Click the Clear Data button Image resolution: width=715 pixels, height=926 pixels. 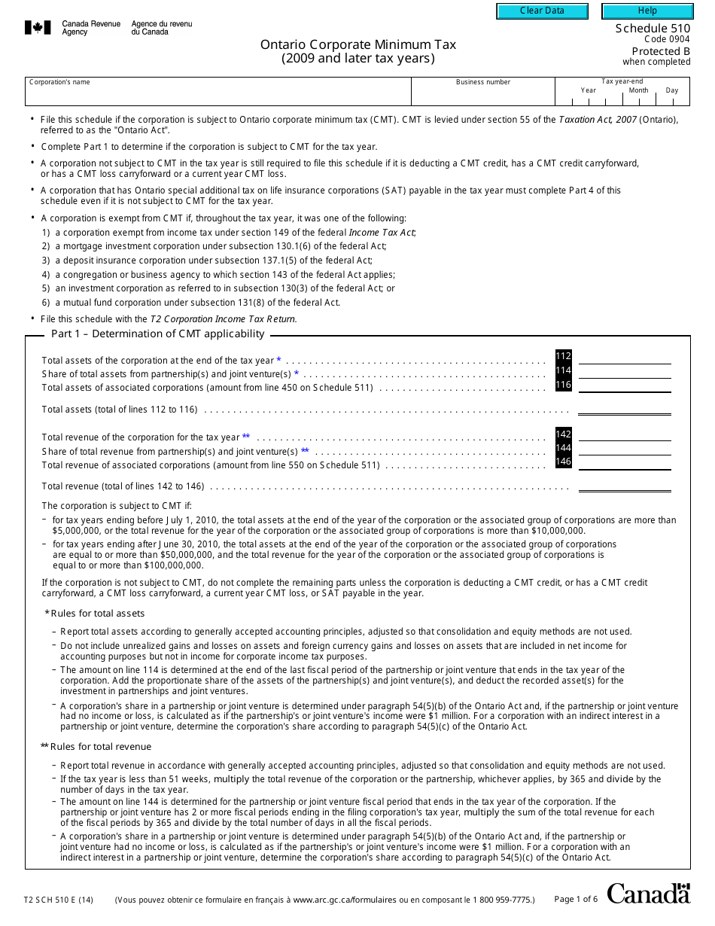[542, 11]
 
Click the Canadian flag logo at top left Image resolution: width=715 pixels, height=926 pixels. [38, 28]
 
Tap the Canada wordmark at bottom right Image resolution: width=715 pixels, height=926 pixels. [648, 894]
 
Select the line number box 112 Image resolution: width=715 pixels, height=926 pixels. [563, 356]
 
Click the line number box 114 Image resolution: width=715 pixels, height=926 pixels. [563, 370]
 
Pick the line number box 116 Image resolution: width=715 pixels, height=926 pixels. [563, 385]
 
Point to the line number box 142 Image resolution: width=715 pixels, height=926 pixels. [563, 434]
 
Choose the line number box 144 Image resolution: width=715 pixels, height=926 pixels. [563, 448]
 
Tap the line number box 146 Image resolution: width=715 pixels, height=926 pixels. [563, 461]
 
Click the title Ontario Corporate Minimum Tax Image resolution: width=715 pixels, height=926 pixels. [358, 44]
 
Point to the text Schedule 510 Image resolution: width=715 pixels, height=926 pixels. [653, 29]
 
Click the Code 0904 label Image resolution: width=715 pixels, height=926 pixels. [667, 39]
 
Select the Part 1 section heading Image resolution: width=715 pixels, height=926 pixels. [157, 334]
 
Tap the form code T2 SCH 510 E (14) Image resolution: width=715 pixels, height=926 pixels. [59, 899]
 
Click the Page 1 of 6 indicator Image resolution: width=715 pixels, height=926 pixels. [576, 899]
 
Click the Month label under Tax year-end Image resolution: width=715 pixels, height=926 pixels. [638, 90]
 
